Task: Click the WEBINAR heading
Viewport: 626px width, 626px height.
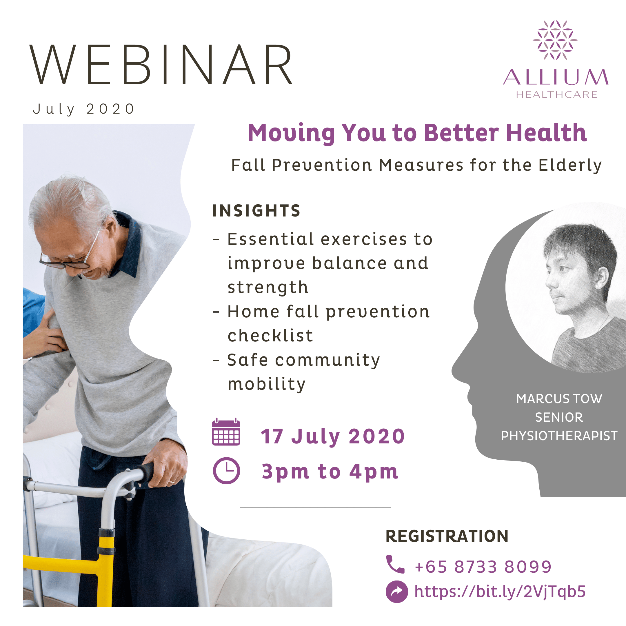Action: tap(161, 65)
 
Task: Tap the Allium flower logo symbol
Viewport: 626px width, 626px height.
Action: tap(555, 40)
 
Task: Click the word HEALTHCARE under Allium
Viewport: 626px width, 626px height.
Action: tap(557, 94)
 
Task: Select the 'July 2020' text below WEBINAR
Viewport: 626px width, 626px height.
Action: tap(83, 109)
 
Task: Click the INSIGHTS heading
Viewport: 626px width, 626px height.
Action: tap(256, 211)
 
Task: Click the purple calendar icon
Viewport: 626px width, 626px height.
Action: tap(226, 432)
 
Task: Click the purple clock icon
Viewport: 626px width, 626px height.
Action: tap(226, 471)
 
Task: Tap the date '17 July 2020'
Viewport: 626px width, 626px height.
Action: tap(333, 436)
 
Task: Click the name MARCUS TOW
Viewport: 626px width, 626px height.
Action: tap(559, 398)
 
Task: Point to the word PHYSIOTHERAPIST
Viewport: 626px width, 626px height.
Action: tap(559, 436)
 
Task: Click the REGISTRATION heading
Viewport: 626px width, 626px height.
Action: tap(447, 536)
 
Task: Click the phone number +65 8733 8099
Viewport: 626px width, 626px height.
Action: tap(483, 567)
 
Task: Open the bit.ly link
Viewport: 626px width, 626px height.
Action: tap(500, 591)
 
